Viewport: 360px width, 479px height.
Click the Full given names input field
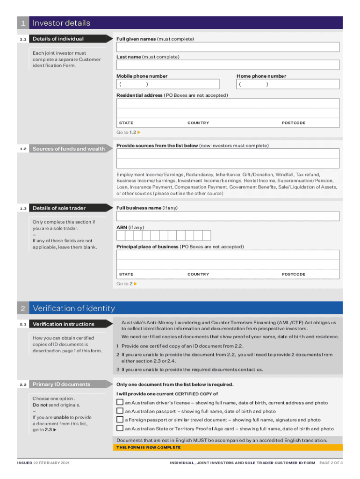point(228,47)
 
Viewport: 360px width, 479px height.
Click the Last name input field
point(228,65)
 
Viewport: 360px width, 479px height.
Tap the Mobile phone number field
point(167,84)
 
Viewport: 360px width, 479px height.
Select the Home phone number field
point(288,84)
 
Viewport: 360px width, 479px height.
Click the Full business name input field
point(228,216)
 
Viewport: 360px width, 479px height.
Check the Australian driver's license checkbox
point(120,403)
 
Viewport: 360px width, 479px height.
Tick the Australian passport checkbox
point(120,411)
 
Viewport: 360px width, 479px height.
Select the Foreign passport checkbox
point(120,420)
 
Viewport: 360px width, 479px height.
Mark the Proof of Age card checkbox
point(120,428)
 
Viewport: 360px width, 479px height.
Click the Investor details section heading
point(61,23)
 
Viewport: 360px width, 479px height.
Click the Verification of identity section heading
point(73,308)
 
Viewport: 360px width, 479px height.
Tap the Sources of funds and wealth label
point(69,149)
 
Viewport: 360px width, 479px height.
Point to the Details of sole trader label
point(59,208)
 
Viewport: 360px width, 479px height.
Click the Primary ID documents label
point(61,385)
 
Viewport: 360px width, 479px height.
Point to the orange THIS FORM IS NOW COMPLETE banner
point(148,448)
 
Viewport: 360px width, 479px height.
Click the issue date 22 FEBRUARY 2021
point(51,463)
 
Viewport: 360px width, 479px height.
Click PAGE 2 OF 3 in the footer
point(331,463)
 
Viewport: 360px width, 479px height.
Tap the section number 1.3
point(23,208)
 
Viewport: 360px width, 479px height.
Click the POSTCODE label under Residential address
point(293,123)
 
